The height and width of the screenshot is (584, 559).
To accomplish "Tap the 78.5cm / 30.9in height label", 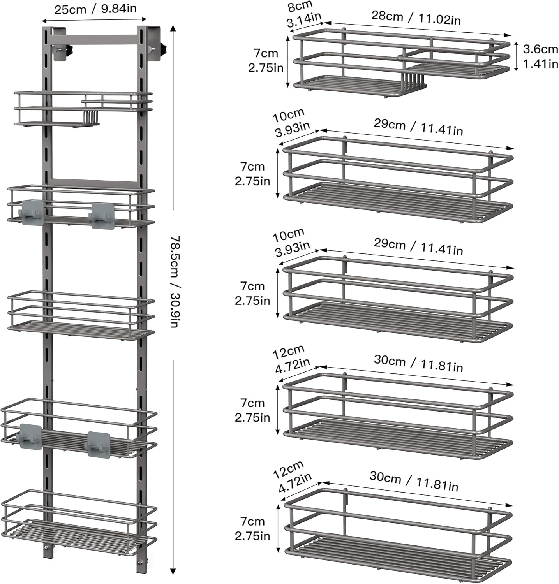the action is [174, 281].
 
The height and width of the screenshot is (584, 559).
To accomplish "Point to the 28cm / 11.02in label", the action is [416, 18].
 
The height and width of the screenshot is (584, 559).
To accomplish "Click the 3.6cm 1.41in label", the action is [540, 56].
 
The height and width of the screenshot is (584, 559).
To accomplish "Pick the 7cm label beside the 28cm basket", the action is [266, 60].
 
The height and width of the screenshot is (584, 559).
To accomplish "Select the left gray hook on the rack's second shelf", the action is [32, 212].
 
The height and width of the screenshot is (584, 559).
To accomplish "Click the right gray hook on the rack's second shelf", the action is [102, 215].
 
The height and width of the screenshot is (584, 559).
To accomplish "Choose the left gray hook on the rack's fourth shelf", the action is [30, 436].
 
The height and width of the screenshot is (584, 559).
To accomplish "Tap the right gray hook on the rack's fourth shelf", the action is [98, 443].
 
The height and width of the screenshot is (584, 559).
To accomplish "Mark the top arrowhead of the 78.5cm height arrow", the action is [173, 28].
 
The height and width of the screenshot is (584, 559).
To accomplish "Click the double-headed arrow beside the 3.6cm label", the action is [516, 56].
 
